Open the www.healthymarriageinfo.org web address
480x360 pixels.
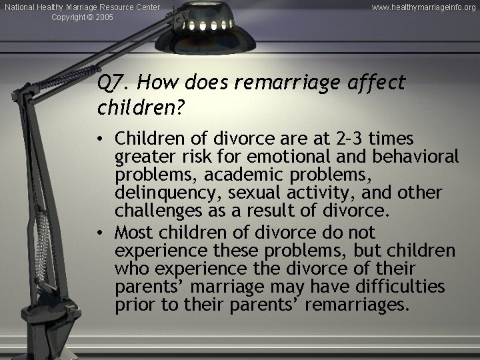pos(424,7)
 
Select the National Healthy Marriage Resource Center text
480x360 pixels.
pos(82,7)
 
